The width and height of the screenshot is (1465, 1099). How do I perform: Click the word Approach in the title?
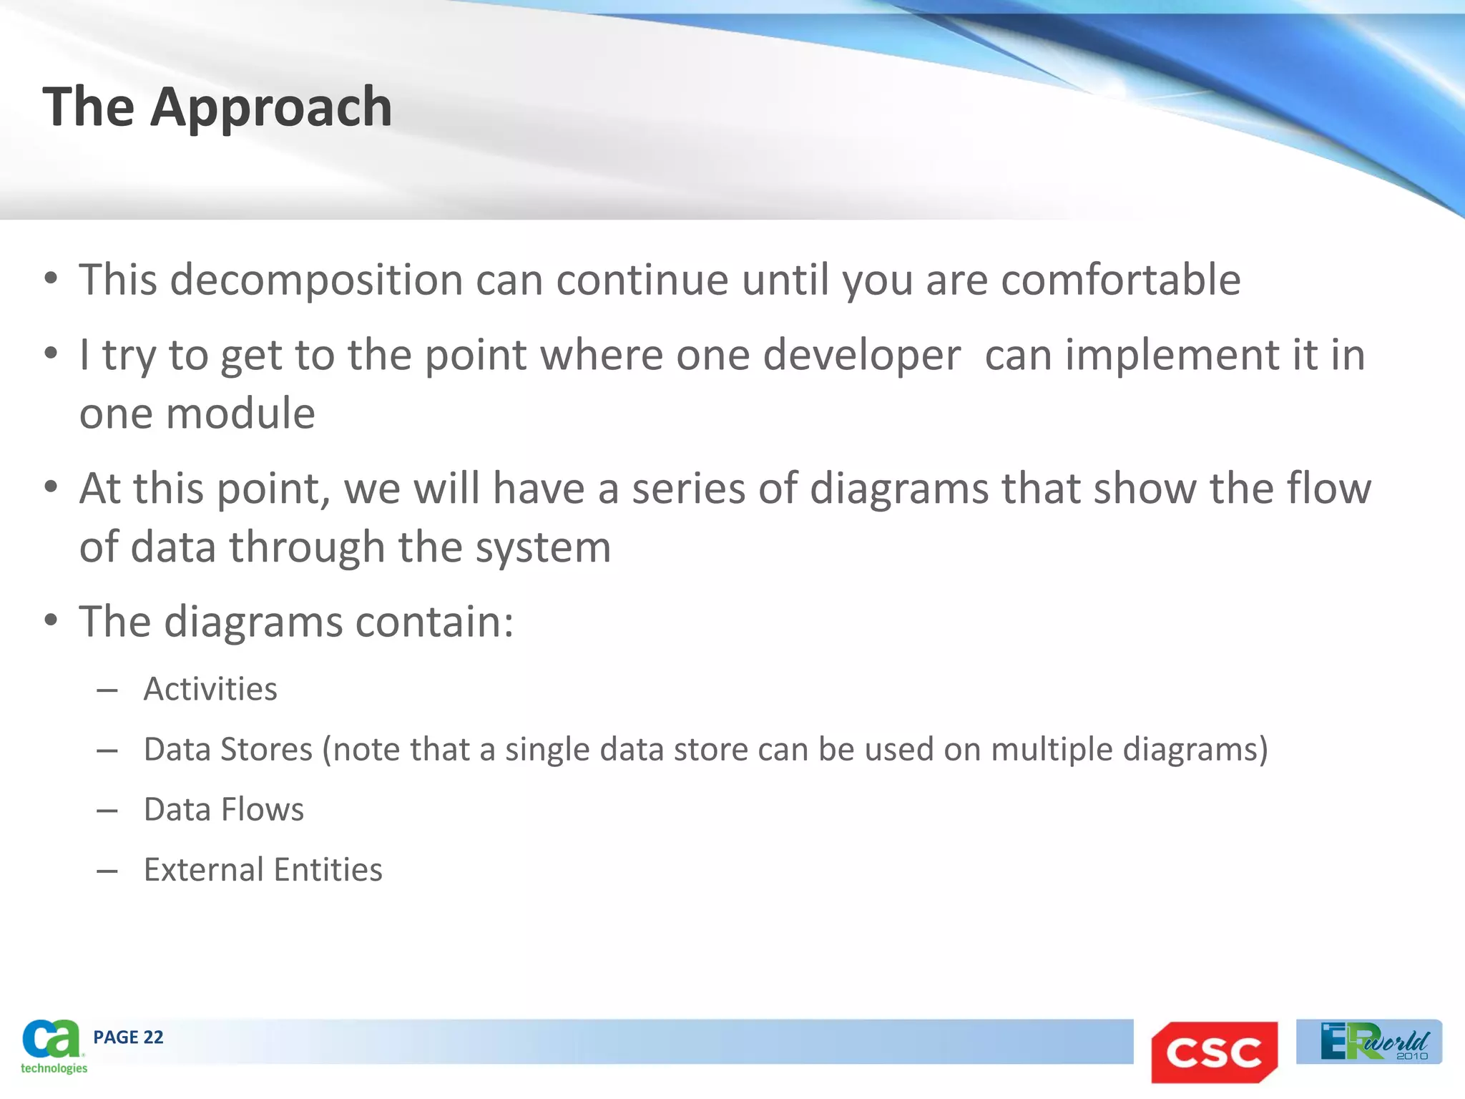(271, 107)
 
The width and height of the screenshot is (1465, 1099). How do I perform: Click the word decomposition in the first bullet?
(316, 280)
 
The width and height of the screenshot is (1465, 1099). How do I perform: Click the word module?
(240, 414)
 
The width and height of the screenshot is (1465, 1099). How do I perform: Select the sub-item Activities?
(210, 689)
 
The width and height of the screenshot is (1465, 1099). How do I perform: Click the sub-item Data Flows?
(224, 810)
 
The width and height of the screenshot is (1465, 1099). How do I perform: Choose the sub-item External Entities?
(263, 870)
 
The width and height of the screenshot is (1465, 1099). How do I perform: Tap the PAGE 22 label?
(128, 1037)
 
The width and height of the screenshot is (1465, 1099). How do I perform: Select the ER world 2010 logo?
(1368, 1042)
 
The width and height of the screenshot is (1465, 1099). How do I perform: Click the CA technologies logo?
(52, 1046)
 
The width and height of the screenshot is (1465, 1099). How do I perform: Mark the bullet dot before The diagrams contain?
(50, 621)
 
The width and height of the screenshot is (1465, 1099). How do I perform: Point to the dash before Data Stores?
(107, 751)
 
